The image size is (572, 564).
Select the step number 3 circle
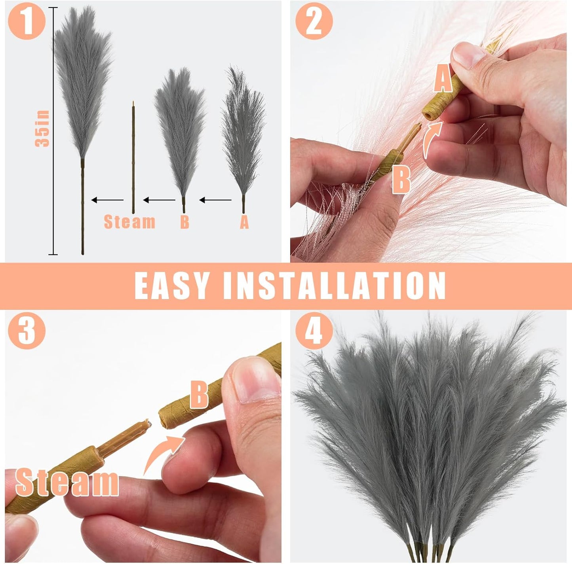click(x=27, y=330)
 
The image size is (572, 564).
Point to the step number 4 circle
click(x=314, y=330)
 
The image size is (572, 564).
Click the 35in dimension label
click(x=42, y=129)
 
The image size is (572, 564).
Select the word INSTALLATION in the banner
click(x=334, y=286)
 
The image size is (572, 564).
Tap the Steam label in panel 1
click(x=129, y=222)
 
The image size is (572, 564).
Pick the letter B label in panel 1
click(x=184, y=222)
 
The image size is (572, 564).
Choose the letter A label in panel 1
click(x=244, y=222)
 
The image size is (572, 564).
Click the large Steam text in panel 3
click(x=67, y=482)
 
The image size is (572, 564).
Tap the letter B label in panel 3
click(x=199, y=394)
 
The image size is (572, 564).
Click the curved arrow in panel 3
click(x=162, y=455)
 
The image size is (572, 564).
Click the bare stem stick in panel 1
click(x=133, y=158)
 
